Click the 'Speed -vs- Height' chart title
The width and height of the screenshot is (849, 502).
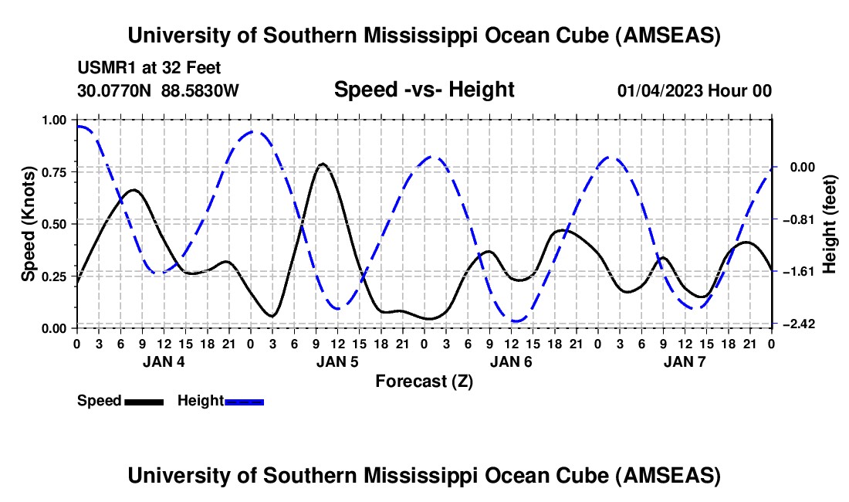pos(424,90)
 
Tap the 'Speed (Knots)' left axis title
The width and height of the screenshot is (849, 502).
pos(29,223)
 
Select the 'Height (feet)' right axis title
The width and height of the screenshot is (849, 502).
pos(830,224)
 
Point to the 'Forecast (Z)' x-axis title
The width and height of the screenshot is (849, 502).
pos(424,381)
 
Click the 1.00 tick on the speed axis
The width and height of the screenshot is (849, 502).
pos(56,120)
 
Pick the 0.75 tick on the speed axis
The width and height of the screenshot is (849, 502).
pos(56,171)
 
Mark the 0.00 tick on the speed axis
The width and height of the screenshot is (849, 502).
pos(56,328)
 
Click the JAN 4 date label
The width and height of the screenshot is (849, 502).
pos(163,361)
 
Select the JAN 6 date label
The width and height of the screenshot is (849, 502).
pos(510,361)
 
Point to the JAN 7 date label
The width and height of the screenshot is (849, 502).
pos(684,361)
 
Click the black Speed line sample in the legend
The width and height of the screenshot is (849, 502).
pos(144,401)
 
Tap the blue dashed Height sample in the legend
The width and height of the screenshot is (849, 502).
pos(244,401)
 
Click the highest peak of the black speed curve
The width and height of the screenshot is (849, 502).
pos(323,164)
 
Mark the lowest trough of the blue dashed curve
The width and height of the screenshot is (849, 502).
pos(517,321)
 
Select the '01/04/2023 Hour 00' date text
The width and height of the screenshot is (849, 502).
pos(694,90)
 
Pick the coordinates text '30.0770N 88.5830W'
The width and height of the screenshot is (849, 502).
pos(158,90)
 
